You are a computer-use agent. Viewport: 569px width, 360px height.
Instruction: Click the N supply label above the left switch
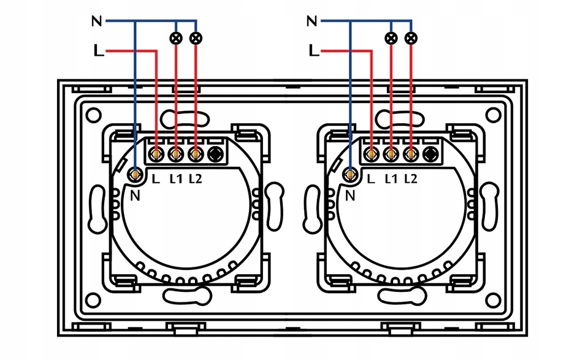96,21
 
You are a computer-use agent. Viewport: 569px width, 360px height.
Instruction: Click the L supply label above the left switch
98,51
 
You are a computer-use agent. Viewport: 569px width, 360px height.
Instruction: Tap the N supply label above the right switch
311,21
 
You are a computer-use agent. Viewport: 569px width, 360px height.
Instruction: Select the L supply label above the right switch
314,51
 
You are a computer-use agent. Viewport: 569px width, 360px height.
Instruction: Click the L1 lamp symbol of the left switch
177,39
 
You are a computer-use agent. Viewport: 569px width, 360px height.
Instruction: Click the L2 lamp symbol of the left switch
196,39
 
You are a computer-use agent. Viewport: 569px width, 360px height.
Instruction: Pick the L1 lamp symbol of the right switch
391,39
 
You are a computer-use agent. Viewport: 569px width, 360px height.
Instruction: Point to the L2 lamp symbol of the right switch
411,39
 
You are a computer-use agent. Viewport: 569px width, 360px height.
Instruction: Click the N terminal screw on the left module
134,175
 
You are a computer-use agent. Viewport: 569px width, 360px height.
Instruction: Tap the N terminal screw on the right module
349,175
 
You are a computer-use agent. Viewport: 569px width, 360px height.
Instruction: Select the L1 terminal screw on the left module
177,154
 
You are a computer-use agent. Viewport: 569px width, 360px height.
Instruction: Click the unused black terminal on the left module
216,154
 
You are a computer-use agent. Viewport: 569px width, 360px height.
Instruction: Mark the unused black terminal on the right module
431,154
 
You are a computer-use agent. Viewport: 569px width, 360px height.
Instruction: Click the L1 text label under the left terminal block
176,179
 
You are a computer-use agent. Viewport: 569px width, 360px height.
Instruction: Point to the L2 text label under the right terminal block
410,179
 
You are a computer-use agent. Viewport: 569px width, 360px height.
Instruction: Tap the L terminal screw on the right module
372,154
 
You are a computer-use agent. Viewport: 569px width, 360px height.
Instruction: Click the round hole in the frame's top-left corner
94,114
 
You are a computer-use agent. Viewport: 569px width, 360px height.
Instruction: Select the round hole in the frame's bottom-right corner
493,301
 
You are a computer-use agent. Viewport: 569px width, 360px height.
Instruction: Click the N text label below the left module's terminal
136,196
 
